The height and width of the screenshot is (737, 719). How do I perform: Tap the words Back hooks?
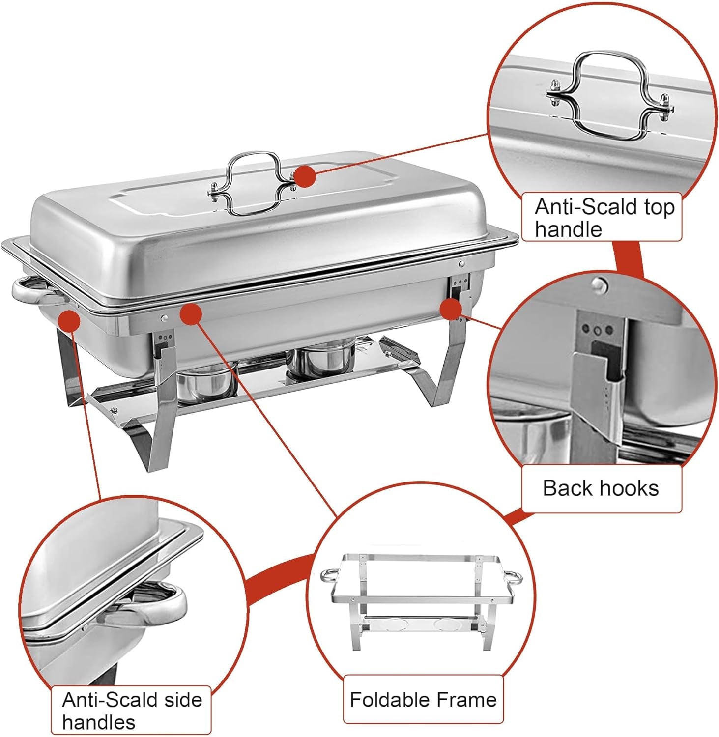pyautogui.click(x=601, y=488)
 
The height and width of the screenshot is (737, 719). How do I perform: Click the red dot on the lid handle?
pyautogui.click(x=305, y=176)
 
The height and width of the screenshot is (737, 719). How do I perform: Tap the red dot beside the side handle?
pyautogui.click(x=69, y=321)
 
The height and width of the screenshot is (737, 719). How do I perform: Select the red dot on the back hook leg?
pyautogui.click(x=450, y=309)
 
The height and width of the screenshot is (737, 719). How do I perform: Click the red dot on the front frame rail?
pyautogui.click(x=191, y=314)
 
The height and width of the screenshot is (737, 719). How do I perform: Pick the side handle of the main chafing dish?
pyautogui.click(x=32, y=291)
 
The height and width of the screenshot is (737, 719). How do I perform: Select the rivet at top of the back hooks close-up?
pyautogui.click(x=598, y=283)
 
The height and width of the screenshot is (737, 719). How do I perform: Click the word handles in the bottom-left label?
pyautogui.click(x=98, y=722)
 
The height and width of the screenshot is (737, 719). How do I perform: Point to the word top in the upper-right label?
pyautogui.click(x=660, y=207)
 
